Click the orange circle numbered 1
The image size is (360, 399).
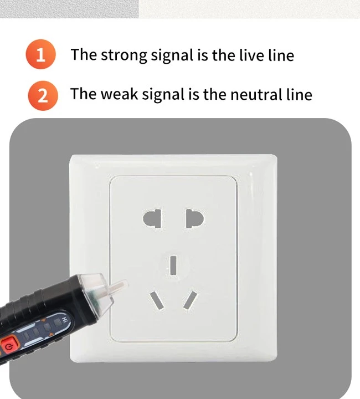click(40, 54)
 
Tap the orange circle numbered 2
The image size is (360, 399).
click(43, 96)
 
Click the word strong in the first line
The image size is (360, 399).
click(124, 55)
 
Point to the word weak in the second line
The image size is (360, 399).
click(119, 94)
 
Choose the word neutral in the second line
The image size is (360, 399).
click(256, 94)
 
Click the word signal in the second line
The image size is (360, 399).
click(163, 95)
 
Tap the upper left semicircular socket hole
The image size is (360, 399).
click(152, 218)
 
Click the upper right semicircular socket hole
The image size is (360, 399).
click(195, 218)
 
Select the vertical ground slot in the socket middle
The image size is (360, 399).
click(173, 265)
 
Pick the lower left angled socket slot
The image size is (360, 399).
click(156, 301)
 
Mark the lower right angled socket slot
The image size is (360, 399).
click(190, 300)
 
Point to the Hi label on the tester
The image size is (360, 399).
click(65, 320)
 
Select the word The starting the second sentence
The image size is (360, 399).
click(84, 94)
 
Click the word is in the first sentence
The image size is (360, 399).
click(202, 55)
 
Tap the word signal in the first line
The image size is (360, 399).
click(172, 55)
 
